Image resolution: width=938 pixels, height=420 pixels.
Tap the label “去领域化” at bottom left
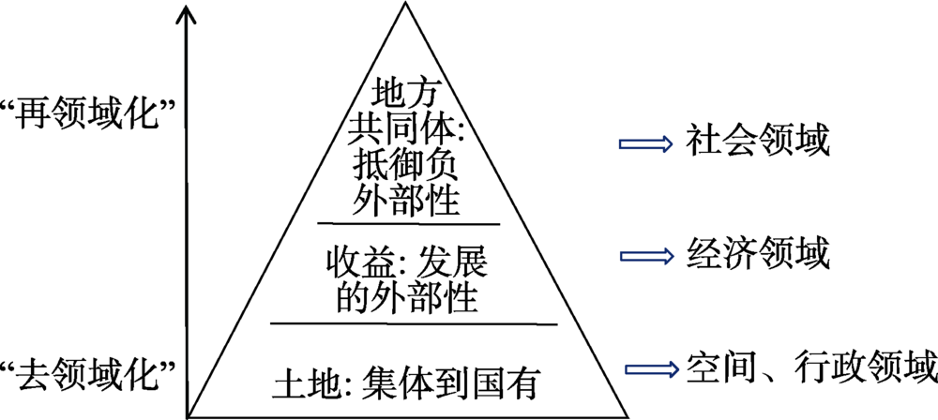[x=90, y=375]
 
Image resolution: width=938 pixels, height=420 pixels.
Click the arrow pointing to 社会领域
[x=645, y=143]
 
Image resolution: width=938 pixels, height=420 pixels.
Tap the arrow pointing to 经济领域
[x=645, y=254]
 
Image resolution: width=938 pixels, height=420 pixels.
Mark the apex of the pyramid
[x=404, y=4]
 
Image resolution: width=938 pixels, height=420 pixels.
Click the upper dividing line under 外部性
[x=408, y=223]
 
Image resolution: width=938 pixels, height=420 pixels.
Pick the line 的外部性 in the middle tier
[x=404, y=296]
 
